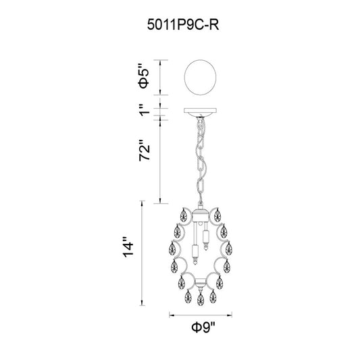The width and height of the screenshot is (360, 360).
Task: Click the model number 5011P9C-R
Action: (183, 24)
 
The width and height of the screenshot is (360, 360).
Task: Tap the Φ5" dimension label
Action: (144, 77)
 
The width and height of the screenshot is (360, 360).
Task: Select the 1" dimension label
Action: (145, 110)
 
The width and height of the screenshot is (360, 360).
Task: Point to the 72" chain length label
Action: (145, 150)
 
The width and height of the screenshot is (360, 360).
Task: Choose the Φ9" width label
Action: (204, 328)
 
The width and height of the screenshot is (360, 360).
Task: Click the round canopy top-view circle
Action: (201, 78)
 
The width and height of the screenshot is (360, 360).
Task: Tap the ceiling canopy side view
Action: (201, 112)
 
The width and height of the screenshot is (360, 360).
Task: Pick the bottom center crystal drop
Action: (201, 299)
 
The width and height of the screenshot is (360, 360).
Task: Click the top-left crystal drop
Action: (183, 215)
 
